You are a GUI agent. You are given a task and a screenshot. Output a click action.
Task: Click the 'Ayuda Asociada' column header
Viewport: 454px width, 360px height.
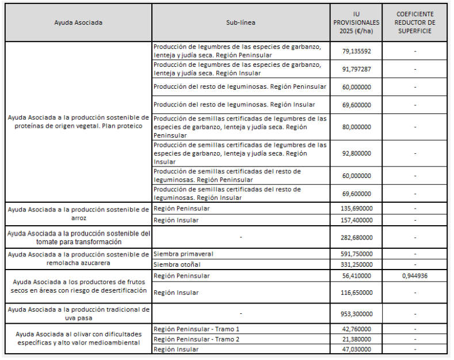click(x=78, y=22)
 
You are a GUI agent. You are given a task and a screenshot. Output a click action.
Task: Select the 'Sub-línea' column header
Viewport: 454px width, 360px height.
click(x=241, y=22)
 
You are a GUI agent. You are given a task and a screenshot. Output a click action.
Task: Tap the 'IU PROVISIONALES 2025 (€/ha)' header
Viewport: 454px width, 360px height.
click(x=356, y=22)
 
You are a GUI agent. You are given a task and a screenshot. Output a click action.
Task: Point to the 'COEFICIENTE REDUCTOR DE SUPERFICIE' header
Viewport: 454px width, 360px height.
click(x=415, y=22)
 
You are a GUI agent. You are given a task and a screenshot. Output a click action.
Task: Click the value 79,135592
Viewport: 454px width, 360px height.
click(x=356, y=51)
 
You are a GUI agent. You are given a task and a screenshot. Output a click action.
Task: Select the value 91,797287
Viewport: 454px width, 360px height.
click(x=356, y=69)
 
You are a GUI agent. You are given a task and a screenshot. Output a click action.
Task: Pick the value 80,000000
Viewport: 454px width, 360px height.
click(x=356, y=127)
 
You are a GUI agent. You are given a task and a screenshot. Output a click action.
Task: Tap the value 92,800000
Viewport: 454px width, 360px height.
click(x=356, y=154)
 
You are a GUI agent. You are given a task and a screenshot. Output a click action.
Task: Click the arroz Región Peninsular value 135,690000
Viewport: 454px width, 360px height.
click(x=356, y=209)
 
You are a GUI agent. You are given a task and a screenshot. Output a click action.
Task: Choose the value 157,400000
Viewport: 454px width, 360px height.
click(x=356, y=220)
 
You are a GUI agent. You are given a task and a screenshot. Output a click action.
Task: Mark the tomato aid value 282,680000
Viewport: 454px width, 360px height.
click(x=356, y=237)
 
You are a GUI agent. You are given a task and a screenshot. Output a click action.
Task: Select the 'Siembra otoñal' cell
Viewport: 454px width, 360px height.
click(x=175, y=264)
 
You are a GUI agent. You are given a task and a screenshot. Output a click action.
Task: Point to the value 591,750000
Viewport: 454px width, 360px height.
click(x=356, y=253)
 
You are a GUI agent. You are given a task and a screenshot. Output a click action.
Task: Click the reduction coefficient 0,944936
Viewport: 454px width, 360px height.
click(x=415, y=276)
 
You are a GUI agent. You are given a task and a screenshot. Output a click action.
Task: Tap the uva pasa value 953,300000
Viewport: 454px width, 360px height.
click(x=356, y=314)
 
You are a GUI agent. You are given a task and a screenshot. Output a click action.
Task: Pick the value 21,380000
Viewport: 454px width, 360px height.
click(x=356, y=339)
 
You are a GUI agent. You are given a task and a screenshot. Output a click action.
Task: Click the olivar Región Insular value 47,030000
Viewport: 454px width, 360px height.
click(x=356, y=350)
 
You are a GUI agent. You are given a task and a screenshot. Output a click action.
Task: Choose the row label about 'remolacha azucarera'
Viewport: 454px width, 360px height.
click(x=78, y=259)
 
